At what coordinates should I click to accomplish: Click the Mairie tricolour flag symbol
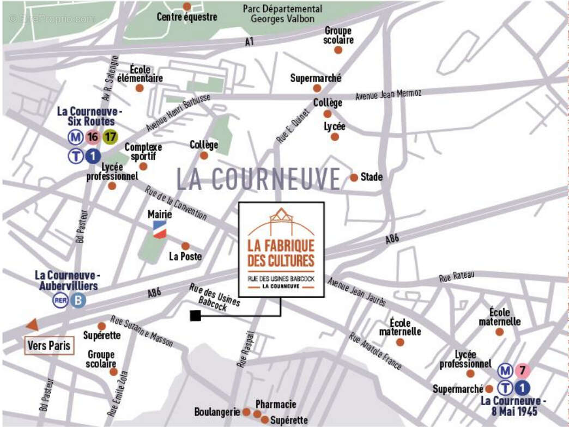(x=159, y=229)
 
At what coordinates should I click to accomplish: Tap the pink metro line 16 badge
(x=92, y=137)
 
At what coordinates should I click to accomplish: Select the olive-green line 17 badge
(x=111, y=137)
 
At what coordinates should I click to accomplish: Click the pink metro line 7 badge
(x=522, y=371)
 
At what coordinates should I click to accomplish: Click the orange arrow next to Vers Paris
(x=33, y=325)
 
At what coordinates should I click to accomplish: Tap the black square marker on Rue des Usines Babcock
(x=195, y=315)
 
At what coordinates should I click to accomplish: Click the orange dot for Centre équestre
(x=187, y=7)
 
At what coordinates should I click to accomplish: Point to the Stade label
(x=372, y=177)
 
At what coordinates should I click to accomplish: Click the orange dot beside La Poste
(x=185, y=246)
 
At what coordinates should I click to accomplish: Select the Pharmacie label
(x=276, y=404)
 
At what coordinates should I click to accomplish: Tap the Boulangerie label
(x=217, y=412)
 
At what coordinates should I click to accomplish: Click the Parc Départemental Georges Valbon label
(x=282, y=14)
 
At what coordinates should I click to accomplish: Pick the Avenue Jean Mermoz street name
(x=388, y=95)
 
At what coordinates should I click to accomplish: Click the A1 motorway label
(x=249, y=41)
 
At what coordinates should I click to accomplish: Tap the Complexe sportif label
(x=143, y=151)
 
